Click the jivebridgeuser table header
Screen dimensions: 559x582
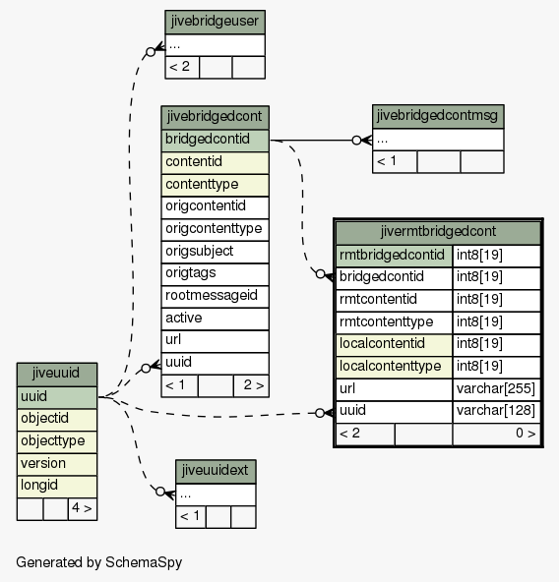click(x=215, y=22)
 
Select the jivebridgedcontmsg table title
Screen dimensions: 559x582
click(x=438, y=117)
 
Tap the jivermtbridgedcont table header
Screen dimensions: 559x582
click(x=438, y=232)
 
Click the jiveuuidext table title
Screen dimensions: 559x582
click(x=216, y=471)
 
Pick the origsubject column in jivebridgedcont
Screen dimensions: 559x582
click(x=215, y=252)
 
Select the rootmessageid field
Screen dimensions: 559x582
click(x=215, y=297)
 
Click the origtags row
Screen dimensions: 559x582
click(x=215, y=274)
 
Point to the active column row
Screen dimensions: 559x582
click(x=215, y=319)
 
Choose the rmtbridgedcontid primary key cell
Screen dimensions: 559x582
click(x=394, y=256)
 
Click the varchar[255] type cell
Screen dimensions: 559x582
click(x=496, y=389)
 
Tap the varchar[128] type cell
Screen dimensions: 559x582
click(x=496, y=412)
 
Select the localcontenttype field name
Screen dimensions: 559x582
click(x=394, y=368)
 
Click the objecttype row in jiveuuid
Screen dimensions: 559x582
click(x=57, y=442)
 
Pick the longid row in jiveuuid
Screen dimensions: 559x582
click(x=57, y=487)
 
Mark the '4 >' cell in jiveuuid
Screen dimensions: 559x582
click(x=83, y=509)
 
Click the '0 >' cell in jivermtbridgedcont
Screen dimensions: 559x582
click(x=496, y=435)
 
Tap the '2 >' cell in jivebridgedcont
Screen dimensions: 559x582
click(x=251, y=386)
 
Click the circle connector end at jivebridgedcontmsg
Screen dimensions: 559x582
click(x=356, y=141)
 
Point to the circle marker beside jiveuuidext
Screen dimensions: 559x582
click(x=160, y=492)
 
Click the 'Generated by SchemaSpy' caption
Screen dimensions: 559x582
click(x=98, y=562)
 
